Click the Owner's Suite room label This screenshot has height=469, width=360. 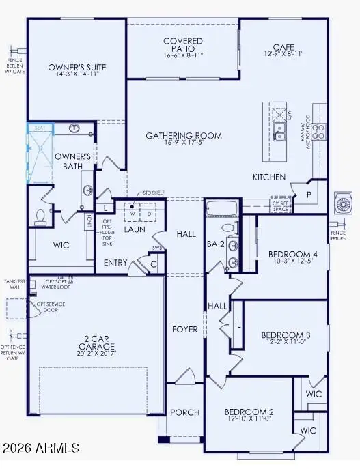click(x=76, y=68)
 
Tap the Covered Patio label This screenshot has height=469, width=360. click(x=183, y=42)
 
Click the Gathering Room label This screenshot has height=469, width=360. click(x=184, y=136)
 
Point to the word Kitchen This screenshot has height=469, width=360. click(x=269, y=177)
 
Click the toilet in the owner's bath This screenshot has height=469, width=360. click(x=40, y=216)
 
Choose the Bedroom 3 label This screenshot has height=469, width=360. click(x=286, y=335)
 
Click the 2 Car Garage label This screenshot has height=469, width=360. click(x=94, y=341)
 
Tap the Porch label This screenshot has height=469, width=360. click(x=185, y=412)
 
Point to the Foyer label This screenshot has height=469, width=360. click(x=184, y=329)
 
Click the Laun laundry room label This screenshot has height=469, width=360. click(x=135, y=229)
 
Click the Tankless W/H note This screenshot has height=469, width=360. click(x=14, y=284)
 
